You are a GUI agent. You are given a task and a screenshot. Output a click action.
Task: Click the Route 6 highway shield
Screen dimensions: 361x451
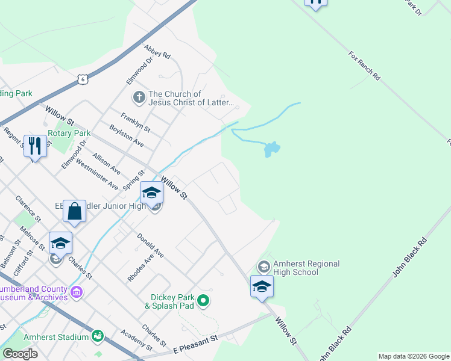(x=83, y=78)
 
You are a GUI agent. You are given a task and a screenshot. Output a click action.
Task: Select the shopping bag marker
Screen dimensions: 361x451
(x=75, y=212)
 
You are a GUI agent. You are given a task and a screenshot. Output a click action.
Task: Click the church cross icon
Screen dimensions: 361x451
(x=138, y=97)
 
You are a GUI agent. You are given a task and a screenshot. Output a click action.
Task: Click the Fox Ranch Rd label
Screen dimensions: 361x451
(x=364, y=66)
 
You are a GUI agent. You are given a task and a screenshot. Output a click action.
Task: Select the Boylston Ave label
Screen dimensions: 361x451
(x=127, y=135)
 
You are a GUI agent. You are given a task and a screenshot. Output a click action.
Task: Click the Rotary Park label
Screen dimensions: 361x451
(x=69, y=133)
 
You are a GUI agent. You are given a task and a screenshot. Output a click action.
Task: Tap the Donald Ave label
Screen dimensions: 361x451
(x=150, y=245)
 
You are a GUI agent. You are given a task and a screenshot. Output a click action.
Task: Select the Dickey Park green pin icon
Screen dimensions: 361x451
(x=204, y=300)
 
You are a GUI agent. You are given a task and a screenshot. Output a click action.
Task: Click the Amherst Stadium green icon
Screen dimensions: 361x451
(x=97, y=335)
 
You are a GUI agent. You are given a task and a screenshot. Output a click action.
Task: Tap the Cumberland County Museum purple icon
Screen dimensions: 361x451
(x=77, y=292)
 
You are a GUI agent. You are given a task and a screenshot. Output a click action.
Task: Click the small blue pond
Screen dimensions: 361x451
(x=271, y=149)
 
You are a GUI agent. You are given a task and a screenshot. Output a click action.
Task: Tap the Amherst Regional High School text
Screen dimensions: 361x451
(x=306, y=268)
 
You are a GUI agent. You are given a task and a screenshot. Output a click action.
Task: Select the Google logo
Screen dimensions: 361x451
(x=20, y=354)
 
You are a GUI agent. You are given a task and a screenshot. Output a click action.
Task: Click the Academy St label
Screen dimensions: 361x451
(x=136, y=341)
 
